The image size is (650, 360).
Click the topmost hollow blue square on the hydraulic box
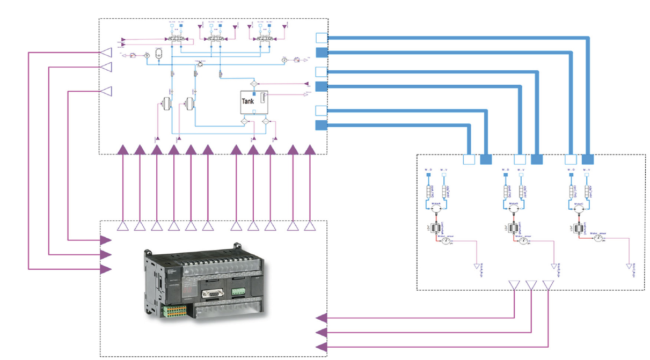point(321,38)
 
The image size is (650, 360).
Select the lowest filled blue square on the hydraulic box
point(321,126)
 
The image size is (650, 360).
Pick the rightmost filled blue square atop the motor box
point(588,159)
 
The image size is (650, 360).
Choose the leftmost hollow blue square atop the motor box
point(469,159)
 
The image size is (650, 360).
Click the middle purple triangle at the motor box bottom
point(531,285)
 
